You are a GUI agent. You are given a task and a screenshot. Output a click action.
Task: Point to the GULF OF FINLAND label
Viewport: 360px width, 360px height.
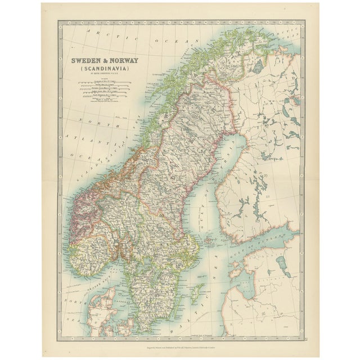pos(270,237)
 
